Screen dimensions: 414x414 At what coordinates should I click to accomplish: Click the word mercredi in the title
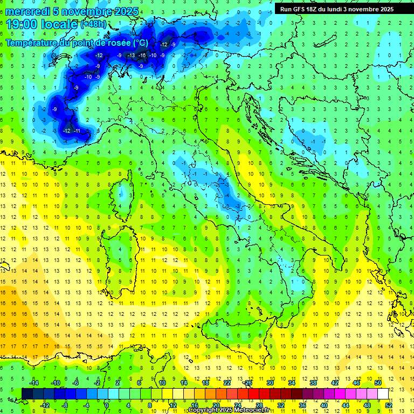point(28,11)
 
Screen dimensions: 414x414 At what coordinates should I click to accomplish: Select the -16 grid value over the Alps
point(142,56)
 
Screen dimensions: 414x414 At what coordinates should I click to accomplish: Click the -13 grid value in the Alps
point(132,56)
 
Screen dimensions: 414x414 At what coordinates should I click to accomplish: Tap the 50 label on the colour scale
point(378,383)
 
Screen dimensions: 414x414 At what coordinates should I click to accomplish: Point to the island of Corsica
point(126,192)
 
